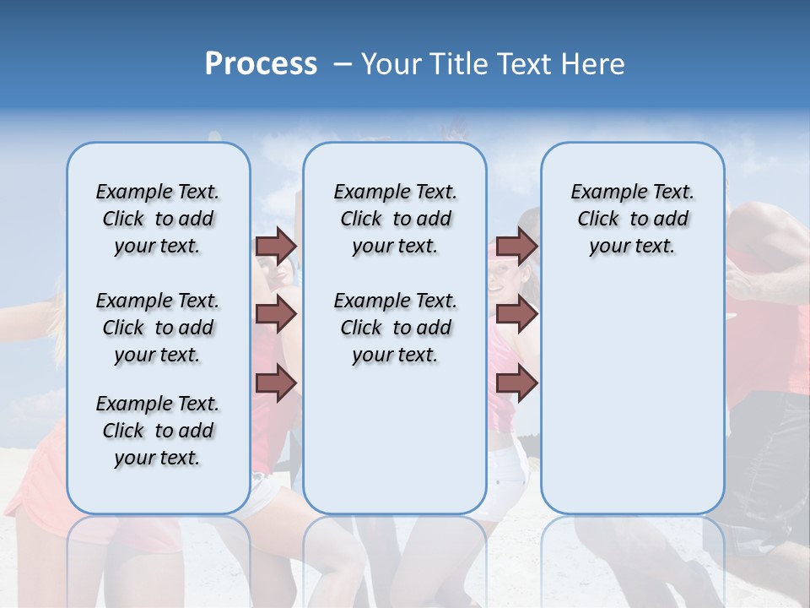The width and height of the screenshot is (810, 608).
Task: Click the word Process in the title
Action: click(x=261, y=64)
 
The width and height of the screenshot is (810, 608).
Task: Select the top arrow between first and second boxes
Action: click(x=276, y=247)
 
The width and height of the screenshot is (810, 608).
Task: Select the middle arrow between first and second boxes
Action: click(x=276, y=315)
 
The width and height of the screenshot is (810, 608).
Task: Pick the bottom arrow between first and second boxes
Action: click(x=276, y=383)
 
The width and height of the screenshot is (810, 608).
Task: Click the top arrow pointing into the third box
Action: click(x=516, y=247)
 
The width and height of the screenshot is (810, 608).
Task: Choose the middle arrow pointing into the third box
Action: click(x=516, y=315)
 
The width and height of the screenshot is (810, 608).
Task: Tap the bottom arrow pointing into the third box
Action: click(x=516, y=383)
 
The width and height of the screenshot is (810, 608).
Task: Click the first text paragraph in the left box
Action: click(x=158, y=219)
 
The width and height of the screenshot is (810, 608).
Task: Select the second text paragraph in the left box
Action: click(x=158, y=328)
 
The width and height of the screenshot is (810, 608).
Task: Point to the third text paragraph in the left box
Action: click(x=158, y=431)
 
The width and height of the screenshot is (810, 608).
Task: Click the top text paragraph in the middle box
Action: click(x=395, y=219)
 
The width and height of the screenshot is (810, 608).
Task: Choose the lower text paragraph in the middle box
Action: click(x=395, y=328)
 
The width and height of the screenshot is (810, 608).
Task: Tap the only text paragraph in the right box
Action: click(x=632, y=219)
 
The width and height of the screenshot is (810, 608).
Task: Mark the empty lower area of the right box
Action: click(x=632, y=397)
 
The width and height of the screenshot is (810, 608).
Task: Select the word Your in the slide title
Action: click(x=387, y=64)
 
